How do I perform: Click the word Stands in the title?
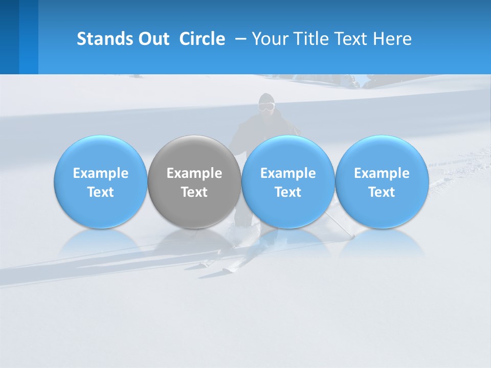[x=105, y=39]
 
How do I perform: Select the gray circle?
[x=194, y=153]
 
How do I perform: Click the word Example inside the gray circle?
[x=194, y=173]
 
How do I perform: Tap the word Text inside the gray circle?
[x=194, y=192]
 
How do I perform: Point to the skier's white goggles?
[x=266, y=107]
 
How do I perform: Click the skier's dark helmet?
[x=266, y=98]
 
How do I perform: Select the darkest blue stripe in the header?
[x=9, y=37]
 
